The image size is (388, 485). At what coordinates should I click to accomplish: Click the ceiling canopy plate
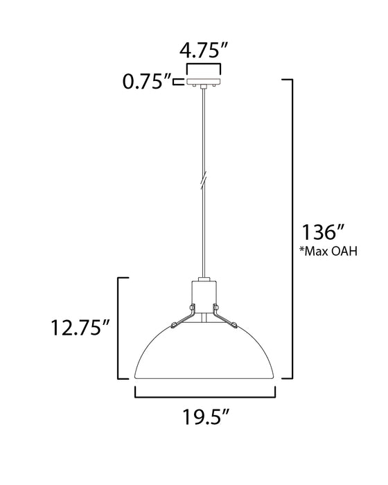tap(203, 80)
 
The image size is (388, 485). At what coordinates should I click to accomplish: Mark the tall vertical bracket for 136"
tap(292, 229)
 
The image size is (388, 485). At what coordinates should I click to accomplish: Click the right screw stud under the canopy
tap(214, 87)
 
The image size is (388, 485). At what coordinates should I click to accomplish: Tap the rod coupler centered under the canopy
tap(203, 88)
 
